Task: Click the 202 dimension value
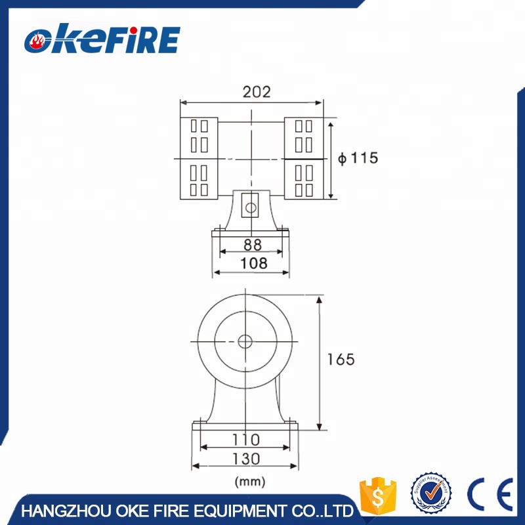[256, 92]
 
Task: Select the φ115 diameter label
[358, 158]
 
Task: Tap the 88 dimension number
[253, 244]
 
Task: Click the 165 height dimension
[341, 360]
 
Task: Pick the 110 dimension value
[246, 439]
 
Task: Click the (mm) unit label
[250, 482]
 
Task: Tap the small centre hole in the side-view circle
[245, 341]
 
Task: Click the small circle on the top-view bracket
[249, 207]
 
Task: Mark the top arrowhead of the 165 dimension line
[320, 299]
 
